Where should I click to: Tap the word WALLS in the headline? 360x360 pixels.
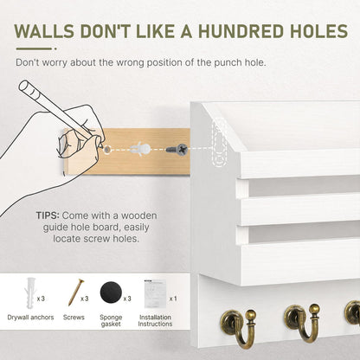[x=44, y=31]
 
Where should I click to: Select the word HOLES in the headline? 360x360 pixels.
[x=318, y=31]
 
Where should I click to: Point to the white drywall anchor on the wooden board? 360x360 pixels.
[x=140, y=149]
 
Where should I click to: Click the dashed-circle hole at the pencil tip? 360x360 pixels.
[x=107, y=150]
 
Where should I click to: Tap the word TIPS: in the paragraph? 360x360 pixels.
[x=48, y=215]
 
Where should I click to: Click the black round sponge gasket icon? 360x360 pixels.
[x=112, y=292]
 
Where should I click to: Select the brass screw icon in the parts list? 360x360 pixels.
[x=76, y=292]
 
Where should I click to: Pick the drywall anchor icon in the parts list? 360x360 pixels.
[x=31, y=292]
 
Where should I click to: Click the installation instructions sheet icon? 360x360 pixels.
[x=156, y=293]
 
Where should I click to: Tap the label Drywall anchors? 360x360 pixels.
[x=30, y=318]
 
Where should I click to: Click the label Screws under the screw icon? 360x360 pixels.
[x=74, y=318]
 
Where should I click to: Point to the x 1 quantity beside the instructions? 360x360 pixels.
[x=173, y=299]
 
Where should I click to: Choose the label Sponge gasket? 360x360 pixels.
[x=111, y=320]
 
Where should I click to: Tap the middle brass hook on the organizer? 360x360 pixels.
[x=302, y=323]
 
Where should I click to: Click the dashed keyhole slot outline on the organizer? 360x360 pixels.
[x=219, y=141]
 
